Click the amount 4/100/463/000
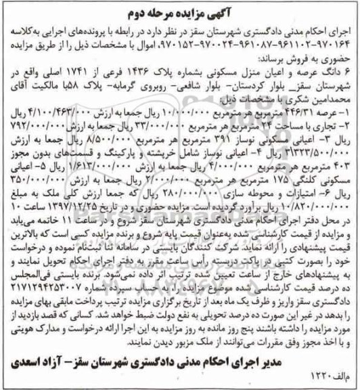pyautogui.click(x=55, y=116)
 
